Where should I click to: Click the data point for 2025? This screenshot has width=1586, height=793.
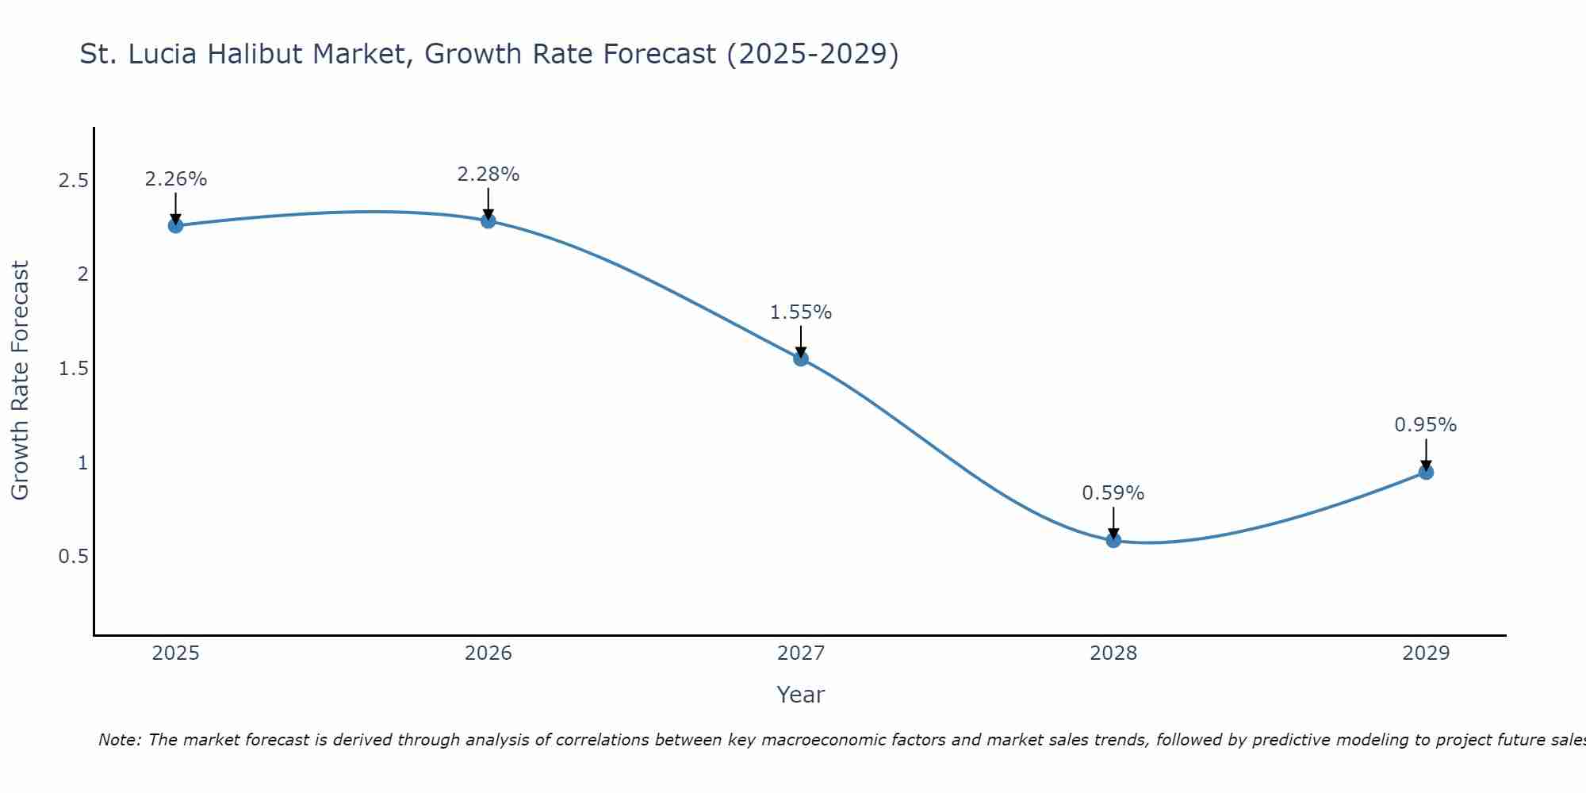[175, 225]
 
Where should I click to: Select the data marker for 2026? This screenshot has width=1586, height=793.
[488, 220]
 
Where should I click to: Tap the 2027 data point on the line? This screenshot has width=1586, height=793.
[801, 358]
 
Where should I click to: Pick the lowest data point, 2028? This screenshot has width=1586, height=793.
[1113, 540]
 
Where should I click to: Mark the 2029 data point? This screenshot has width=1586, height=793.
[1426, 472]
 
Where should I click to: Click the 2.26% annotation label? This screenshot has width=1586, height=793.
[175, 179]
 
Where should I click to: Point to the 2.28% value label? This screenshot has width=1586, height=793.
[488, 174]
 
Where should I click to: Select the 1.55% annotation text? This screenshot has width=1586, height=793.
[801, 312]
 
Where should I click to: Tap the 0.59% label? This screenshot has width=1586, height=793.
[1113, 493]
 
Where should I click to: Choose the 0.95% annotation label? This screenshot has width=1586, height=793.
[1426, 425]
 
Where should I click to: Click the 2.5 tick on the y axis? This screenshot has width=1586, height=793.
[73, 181]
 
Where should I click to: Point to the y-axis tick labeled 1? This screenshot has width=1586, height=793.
[82, 462]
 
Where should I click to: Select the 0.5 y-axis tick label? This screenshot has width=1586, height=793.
[73, 557]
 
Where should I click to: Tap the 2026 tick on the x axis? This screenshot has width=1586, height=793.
[488, 653]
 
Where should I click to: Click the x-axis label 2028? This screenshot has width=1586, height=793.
[1113, 653]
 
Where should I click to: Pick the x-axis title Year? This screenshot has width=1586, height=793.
[801, 695]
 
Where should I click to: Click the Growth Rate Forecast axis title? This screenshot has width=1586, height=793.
[20, 381]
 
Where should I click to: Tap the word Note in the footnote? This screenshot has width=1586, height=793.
[119, 740]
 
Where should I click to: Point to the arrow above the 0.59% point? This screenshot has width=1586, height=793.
[1113, 522]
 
